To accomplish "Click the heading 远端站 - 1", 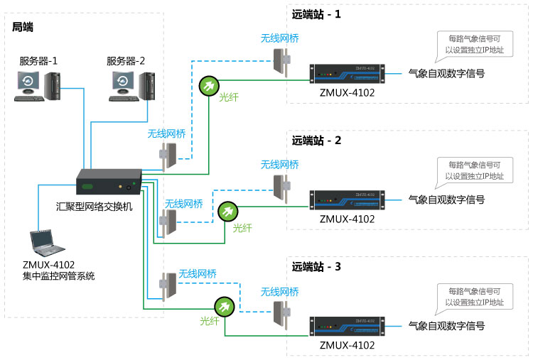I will [316, 13].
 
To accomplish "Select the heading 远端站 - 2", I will [316, 140].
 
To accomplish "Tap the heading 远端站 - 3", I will [316, 267].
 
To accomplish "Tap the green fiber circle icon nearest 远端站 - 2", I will [228, 212].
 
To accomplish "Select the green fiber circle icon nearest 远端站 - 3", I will [225, 306].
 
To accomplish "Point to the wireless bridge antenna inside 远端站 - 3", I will [279, 313].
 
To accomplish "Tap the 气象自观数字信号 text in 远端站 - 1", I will [446, 73].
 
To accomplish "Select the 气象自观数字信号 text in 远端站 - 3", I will [446, 326].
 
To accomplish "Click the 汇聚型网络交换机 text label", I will [94, 207].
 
